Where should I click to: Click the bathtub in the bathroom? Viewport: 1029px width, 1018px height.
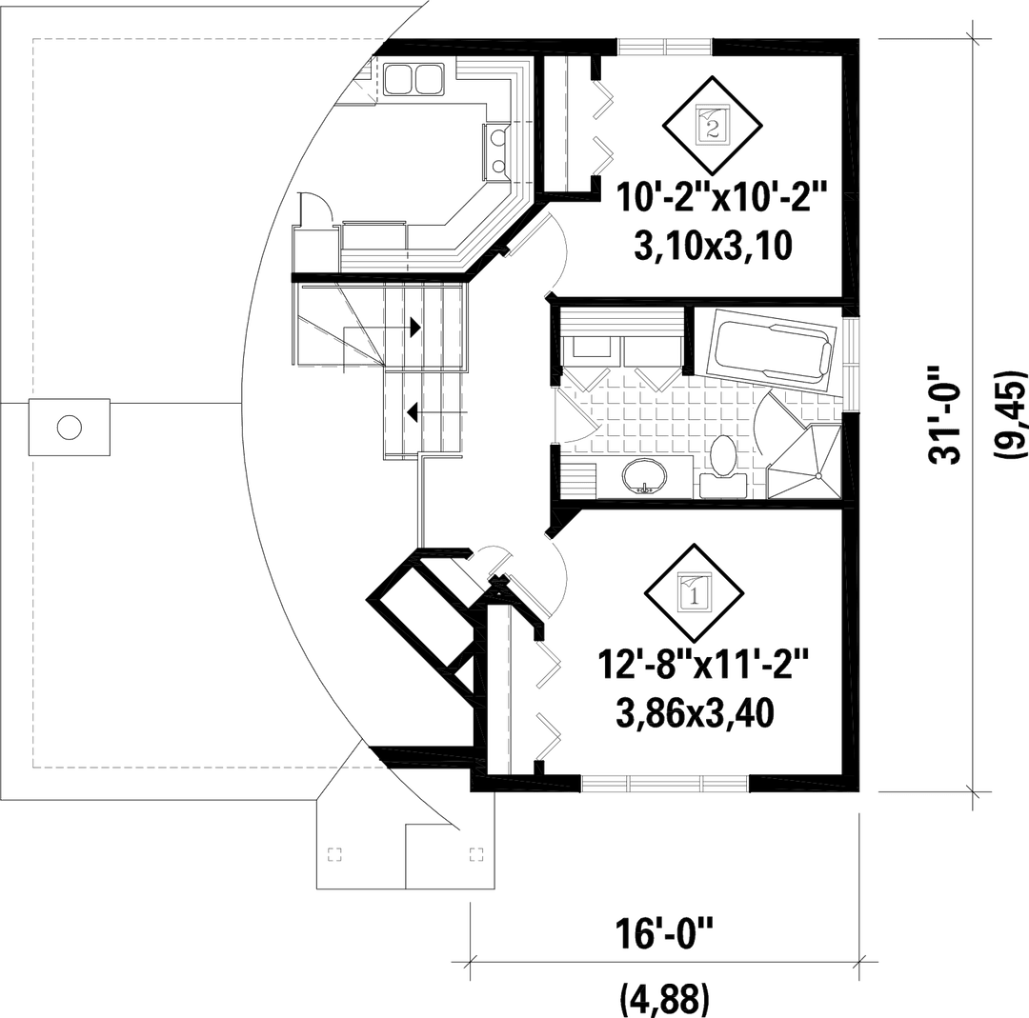coord(773,353)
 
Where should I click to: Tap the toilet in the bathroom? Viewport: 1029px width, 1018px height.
coord(724,467)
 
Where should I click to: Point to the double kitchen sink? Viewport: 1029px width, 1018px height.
coord(414,79)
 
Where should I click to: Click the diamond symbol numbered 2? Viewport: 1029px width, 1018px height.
coord(712,124)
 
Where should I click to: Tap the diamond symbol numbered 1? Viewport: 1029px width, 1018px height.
coord(695,593)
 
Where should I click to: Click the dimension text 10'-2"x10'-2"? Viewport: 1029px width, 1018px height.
coord(719,197)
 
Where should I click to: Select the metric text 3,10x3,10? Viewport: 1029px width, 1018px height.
coord(714,246)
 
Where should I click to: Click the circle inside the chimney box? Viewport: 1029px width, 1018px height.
coord(69,427)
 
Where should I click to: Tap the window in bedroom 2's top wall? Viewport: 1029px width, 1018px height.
coord(664,47)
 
